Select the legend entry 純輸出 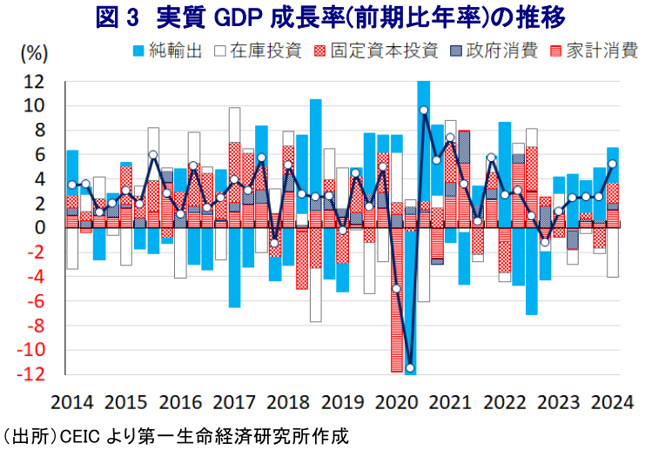coord(176,50)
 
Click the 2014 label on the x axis coord(73,404)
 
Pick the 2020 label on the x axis coord(396,404)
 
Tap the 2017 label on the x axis coord(235,404)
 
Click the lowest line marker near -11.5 coord(410,368)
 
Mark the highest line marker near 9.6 coord(424,111)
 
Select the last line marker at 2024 coord(613,164)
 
